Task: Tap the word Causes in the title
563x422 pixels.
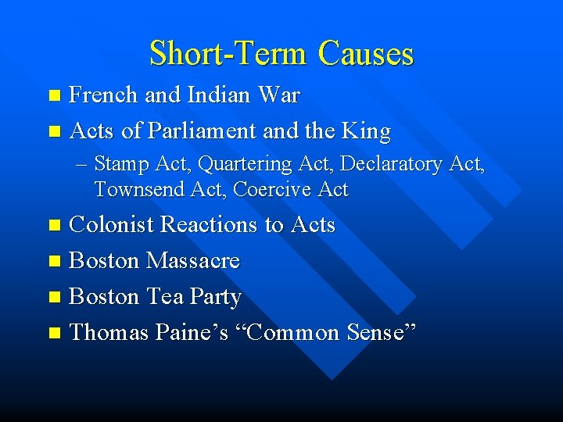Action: point(366,54)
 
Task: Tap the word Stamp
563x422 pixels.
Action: point(118,164)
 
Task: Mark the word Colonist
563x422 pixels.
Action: point(112,225)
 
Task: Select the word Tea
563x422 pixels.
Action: point(167,297)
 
